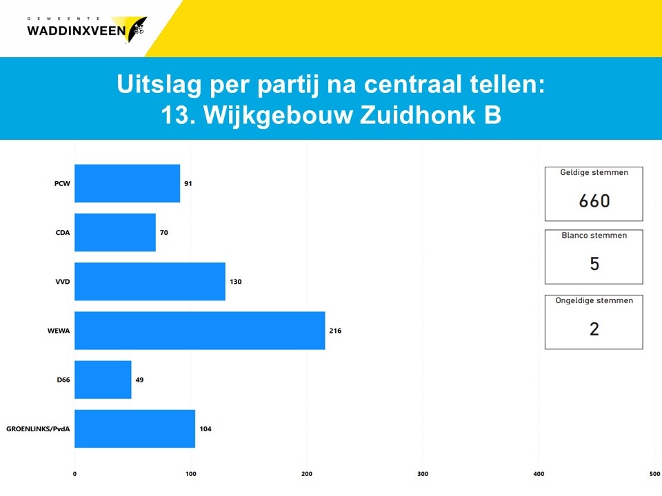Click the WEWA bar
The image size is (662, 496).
200,331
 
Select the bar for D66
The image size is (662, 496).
103,380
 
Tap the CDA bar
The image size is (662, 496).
115,232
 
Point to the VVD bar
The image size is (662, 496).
150,281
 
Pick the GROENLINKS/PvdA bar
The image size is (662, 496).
134,428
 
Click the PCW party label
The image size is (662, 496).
62,183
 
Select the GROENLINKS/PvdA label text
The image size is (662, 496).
38,429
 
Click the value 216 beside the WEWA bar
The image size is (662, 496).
335,331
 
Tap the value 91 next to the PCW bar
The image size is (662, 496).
188,183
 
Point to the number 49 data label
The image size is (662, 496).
139,380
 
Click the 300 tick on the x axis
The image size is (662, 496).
423,474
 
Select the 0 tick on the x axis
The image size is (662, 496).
74,474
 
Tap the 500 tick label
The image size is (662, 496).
654,474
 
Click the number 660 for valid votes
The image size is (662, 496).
594,200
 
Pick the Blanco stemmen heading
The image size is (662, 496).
594,236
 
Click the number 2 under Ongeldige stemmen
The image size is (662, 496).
594,329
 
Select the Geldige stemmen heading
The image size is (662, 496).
594,172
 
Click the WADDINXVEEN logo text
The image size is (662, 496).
77,31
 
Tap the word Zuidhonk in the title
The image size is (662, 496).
418,115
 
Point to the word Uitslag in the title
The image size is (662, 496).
159,84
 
